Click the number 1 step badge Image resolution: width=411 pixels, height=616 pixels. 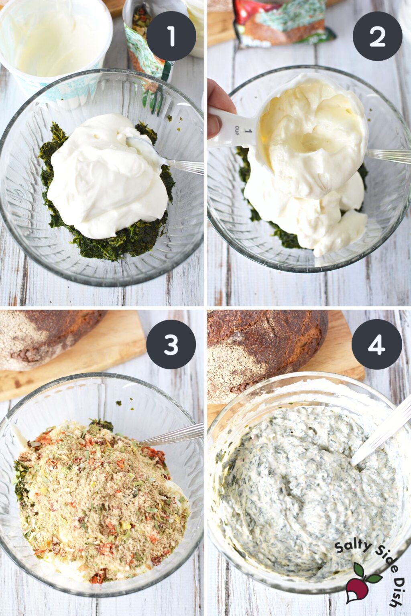(x=171, y=36)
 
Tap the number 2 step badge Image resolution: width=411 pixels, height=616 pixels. (x=377, y=36)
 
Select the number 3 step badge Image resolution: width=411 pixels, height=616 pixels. (x=171, y=344)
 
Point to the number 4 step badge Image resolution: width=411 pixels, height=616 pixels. (x=377, y=344)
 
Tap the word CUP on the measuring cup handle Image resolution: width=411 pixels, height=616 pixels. (x=237, y=128)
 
